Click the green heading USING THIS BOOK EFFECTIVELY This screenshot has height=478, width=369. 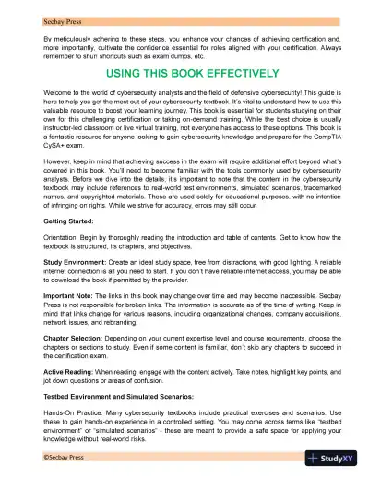(184, 73)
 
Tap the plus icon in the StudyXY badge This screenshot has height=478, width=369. (315, 458)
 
